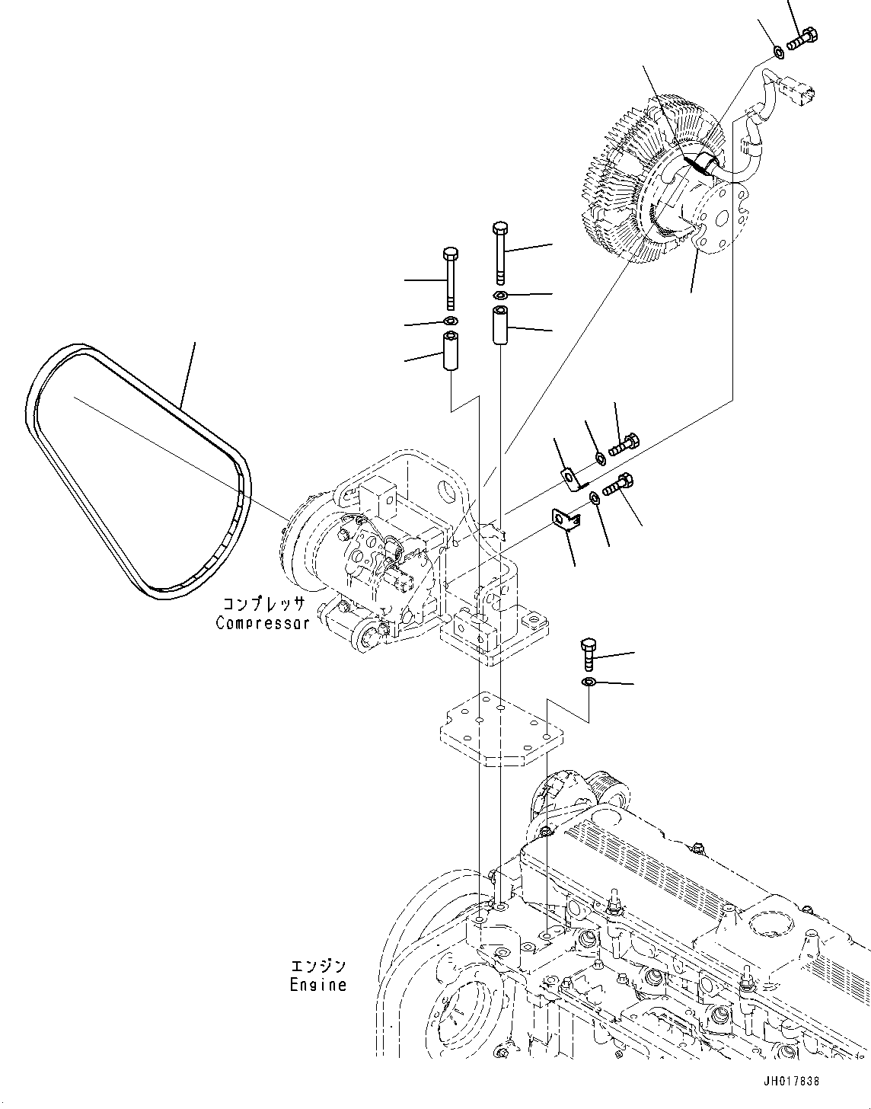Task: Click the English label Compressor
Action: point(263,622)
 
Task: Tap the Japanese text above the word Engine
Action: point(318,967)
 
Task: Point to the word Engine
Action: point(318,985)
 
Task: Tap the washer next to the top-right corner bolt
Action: point(778,52)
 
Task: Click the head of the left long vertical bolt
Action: point(450,253)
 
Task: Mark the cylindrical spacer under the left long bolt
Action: point(450,352)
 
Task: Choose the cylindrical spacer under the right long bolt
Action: point(500,325)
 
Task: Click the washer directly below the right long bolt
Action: point(500,295)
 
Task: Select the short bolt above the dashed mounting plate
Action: point(589,653)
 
